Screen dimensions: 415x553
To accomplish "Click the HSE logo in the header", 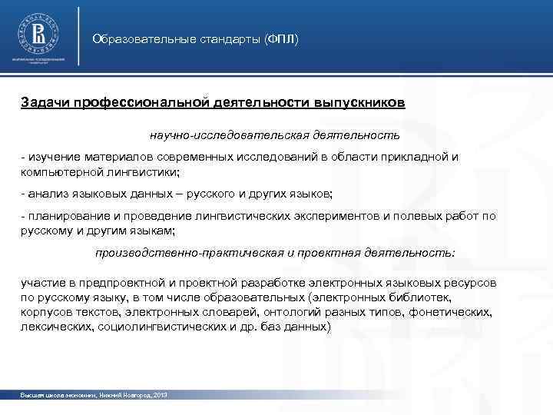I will point(36,34).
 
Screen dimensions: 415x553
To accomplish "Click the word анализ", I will point(45,192).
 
